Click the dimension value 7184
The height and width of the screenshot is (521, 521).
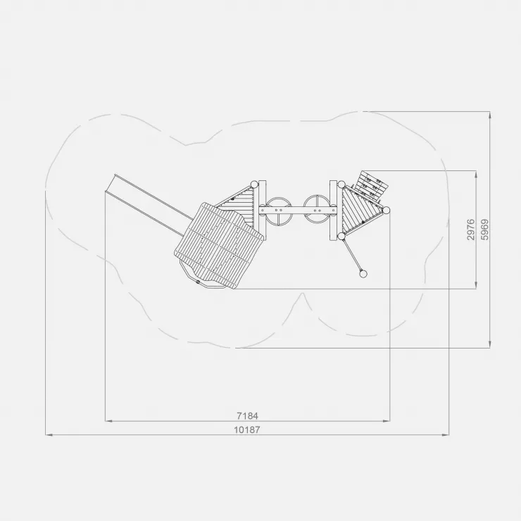pyautogui.click(x=247, y=415)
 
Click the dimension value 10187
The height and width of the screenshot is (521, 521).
pyautogui.click(x=247, y=429)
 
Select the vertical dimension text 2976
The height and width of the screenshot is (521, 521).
pyautogui.click(x=471, y=230)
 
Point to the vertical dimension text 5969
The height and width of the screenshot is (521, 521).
pyautogui.click(x=485, y=230)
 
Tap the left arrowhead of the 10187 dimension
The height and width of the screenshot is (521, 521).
pyautogui.click(x=49, y=434)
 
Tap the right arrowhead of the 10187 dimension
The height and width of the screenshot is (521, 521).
pyautogui.click(x=445, y=434)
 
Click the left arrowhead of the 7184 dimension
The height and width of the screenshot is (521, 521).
pyautogui.click(x=108, y=421)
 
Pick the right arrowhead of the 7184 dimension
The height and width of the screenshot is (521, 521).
pyautogui.click(x=386, y=421)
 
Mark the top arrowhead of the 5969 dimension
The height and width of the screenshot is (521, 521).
pyautogui.click(x=490, y=115)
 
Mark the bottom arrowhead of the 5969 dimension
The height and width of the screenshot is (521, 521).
pyautogui.click(x=490, y=344)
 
